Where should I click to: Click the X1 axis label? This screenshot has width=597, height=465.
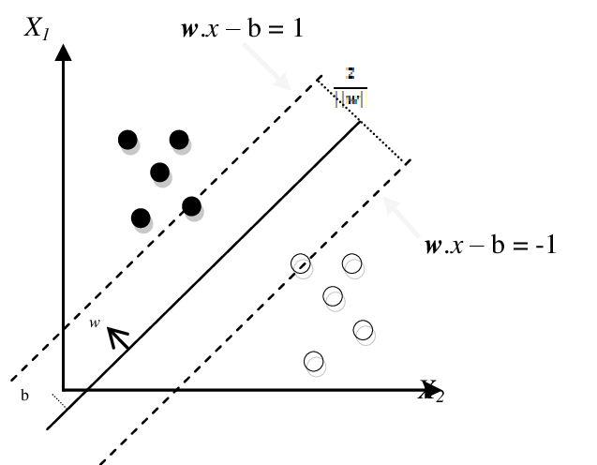pyautogui.click(x=37, y=28)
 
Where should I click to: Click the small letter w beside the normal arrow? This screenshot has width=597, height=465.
pyautogui.click(x=96, y=323)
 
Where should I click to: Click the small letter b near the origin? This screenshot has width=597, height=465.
pyautogui.click(x=25, y=396)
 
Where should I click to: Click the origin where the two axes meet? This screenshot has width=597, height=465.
pyautogui.click(x=64, y=389)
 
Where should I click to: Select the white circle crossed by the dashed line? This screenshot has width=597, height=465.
pyautogui.click(x=300, y=263)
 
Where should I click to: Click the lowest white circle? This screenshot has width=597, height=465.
pyautogui.click(x=314, y=361)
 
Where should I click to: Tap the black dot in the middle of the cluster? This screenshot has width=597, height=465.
pyautogui.click(x=159, y=172)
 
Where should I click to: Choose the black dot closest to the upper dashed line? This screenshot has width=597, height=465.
pyautogui.click(x=191, y=205)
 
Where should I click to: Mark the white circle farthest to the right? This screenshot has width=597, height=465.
pyautogui.click(x=363, y=330)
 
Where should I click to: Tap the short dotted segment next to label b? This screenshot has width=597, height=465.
pyautogui.click(x=59, y=401)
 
